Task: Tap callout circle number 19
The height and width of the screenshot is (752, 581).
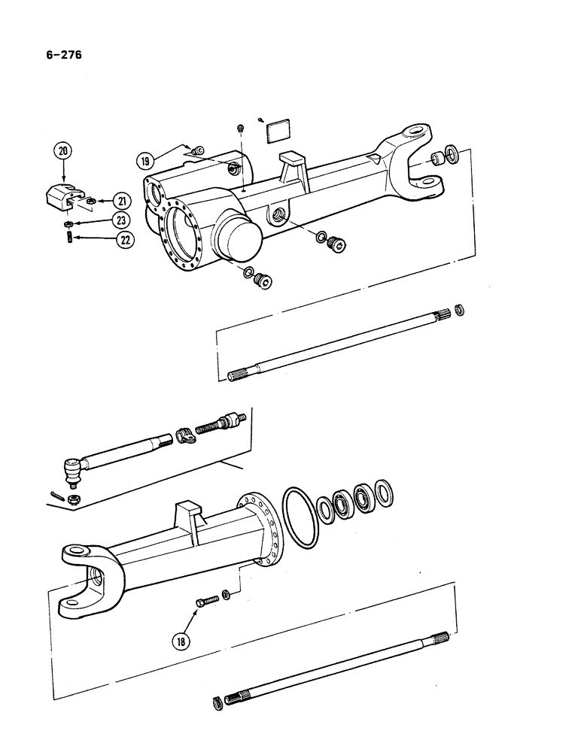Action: [144, 159]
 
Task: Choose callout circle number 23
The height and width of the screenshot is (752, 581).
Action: [121, 220]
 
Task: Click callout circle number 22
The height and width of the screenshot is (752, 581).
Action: [121, 241]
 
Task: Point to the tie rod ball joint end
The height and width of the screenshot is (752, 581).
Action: [71, 472]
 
